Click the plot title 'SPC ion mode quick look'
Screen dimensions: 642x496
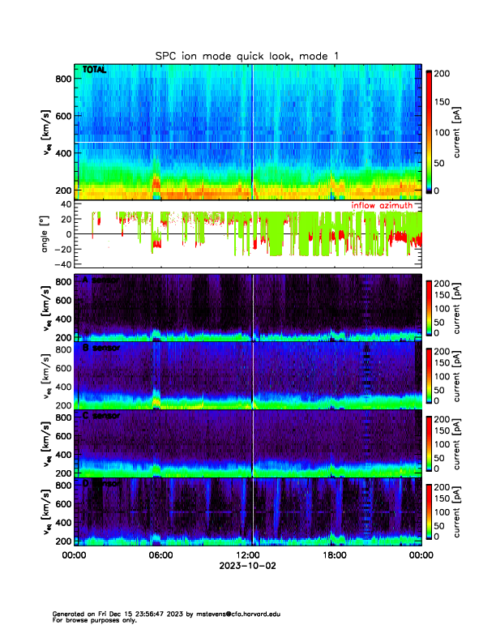tap(247, 56)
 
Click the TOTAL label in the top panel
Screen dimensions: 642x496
tap(94, 71)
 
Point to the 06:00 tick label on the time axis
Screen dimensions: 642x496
tap(160, 555)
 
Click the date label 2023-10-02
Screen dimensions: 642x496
tap(247, 567)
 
